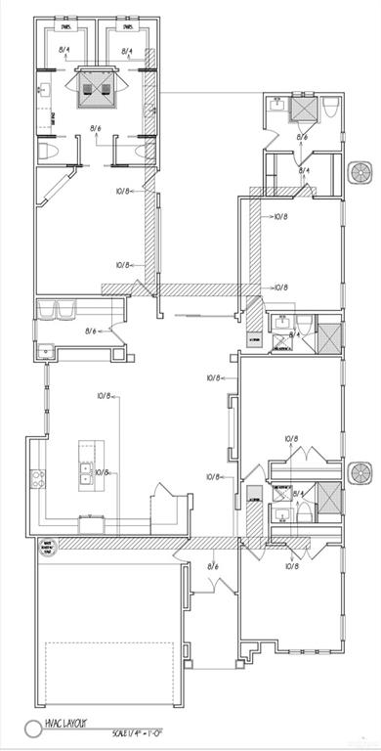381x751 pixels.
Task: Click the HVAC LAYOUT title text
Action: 63,725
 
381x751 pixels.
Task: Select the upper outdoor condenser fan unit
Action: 361,172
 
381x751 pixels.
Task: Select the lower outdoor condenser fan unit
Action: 361,475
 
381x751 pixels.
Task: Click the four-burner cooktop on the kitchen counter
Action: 39,478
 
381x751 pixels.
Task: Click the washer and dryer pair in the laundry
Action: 58,311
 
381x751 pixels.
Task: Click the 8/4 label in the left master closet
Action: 65,48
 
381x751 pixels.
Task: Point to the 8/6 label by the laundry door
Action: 92,331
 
